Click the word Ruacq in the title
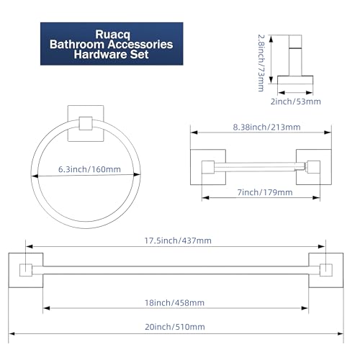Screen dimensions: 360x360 (x=112, y=35)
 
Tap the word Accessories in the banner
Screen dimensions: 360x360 (x=140, y=45)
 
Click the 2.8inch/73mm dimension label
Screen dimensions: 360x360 (x=261, y=63)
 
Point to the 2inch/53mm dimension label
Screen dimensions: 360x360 (x=296, y=102)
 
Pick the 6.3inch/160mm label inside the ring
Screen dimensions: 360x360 (x=89, y=169)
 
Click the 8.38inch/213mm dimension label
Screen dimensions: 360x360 (x=266, y=127)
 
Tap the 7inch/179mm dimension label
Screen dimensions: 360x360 (x=265, y=192)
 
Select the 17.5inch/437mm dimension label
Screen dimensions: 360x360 (x=178, y=240)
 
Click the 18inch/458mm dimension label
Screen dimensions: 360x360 (x=174, y=302)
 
